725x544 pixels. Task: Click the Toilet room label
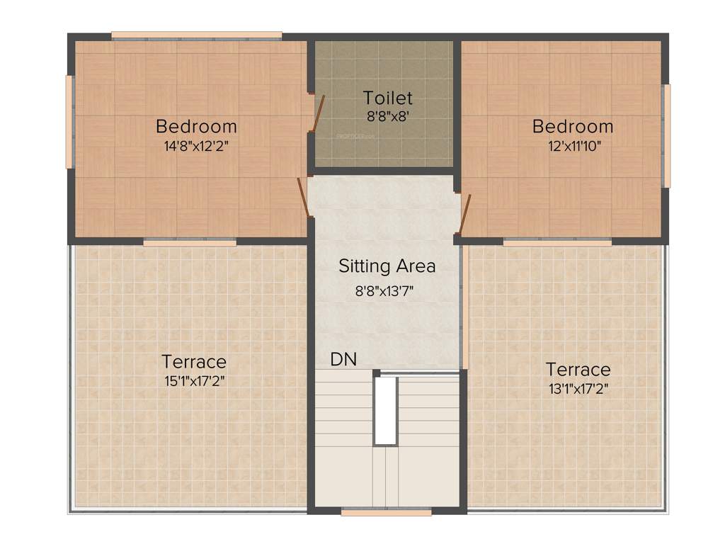pyautogui.click(x=387, y=98)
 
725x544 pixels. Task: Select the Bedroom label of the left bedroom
pyautogui.click(x=196, y=127)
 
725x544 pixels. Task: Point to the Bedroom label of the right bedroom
pyautogui.click(x=573, y=127)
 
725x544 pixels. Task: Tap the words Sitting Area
pyautogui.click(x=387, y=266)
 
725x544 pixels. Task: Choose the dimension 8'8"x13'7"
pyautogui.click(x=387, y=289)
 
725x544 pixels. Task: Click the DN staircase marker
pyautogui.click(x=343, y=359)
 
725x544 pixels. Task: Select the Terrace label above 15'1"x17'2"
pyautogui.click(x=194, y=362)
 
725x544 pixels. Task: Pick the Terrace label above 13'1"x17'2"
pyautogui.click(x=578, y=370)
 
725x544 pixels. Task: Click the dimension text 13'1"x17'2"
pyautogui.click(x=578, y=388)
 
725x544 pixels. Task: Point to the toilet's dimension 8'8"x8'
pyautogui.click(x=387, y=116)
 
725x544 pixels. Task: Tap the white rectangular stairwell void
pyautogui.click(x=385, y=410)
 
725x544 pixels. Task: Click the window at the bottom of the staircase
pyautogui.click(x=386, y=511)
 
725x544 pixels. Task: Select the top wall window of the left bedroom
pyautogui.click(x=196, y=35)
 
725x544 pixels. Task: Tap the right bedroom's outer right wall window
pyautogui.click(x=666, y=135)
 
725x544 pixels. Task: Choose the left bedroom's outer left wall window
pyautogui.click(x=69, y=121)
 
